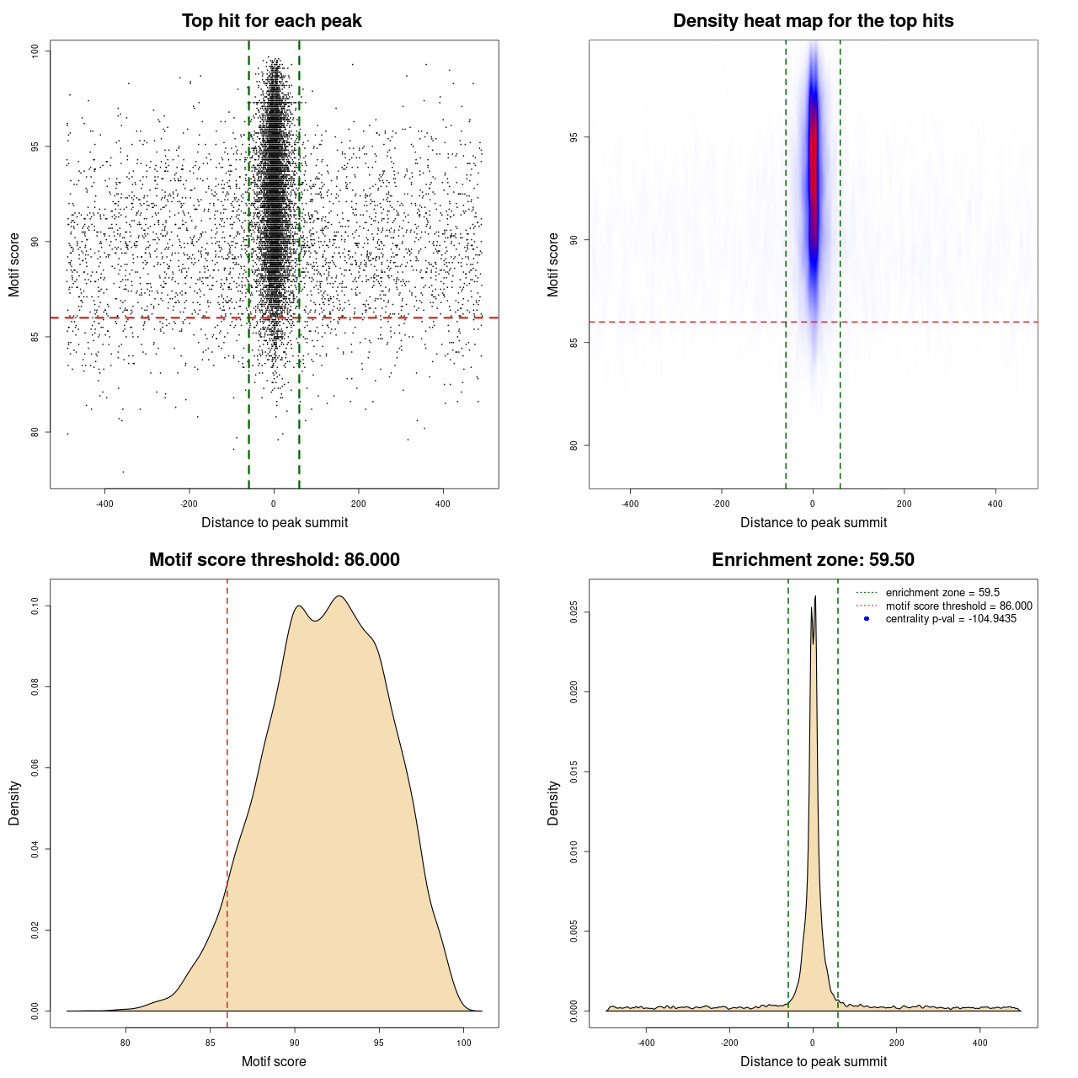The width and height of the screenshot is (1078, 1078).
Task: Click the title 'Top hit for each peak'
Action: click(271, 21)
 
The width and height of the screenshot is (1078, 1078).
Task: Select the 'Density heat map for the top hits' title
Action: click(813, 21)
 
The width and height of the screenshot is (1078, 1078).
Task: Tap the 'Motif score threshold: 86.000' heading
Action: click(274, 560)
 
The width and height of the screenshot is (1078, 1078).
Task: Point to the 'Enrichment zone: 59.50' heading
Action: click(813, 560)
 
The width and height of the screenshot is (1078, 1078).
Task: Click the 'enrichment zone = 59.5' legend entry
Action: click(942, 593)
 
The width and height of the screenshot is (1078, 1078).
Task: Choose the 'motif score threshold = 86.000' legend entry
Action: click(958, 606)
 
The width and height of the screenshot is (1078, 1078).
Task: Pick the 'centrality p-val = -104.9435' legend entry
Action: click(951, 619)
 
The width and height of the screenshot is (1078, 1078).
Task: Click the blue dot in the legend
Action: click(867, 619)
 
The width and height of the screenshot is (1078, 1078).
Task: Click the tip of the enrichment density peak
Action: click(815, 597)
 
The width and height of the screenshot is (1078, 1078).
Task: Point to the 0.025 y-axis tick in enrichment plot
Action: click(574, 612)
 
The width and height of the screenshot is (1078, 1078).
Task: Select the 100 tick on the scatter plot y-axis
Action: click(35, 51)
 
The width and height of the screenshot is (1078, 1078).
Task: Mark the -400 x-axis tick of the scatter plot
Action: click(104, 504)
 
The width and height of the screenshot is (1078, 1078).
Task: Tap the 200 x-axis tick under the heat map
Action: click(904, 504)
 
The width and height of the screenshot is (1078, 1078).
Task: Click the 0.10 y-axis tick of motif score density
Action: click(35, 606)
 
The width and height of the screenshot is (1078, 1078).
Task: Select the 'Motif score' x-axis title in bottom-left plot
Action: click(274, 1061)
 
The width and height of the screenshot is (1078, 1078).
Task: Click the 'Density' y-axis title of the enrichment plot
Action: click(553, 803)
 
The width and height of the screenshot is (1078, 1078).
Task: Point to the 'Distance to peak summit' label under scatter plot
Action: click(275, 522)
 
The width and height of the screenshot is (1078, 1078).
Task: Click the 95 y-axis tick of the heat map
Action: click(574, 137)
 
